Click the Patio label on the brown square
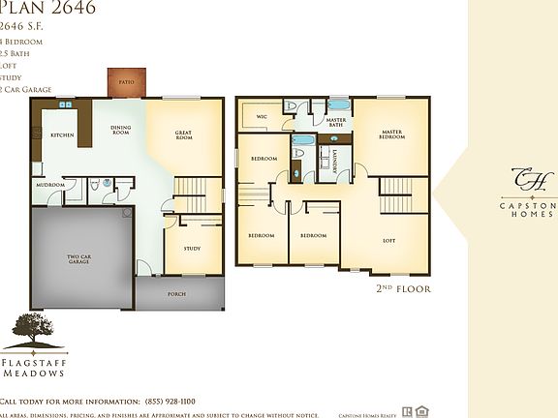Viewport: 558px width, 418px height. coord(126,83)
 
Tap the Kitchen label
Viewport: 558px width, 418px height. coord(63,135)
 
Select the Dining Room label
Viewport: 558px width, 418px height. coord(120,131)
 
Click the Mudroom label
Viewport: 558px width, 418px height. coord(50,184)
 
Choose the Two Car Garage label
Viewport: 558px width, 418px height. coord(79,259)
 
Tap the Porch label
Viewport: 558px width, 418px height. coord(176,293)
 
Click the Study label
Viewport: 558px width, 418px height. coord(192,249)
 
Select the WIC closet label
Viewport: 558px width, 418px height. coord(262,116)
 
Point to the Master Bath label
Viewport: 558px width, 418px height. coord(336,122)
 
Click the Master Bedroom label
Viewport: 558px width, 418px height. coord(391,134)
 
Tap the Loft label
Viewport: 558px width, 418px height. coord(389,240)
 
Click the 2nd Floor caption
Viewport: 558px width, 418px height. coord(402,288)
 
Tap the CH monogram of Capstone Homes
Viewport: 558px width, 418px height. coord(529,180)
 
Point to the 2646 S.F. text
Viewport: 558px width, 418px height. coord(24,27)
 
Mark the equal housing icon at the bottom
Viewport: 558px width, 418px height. coord(421,411)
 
